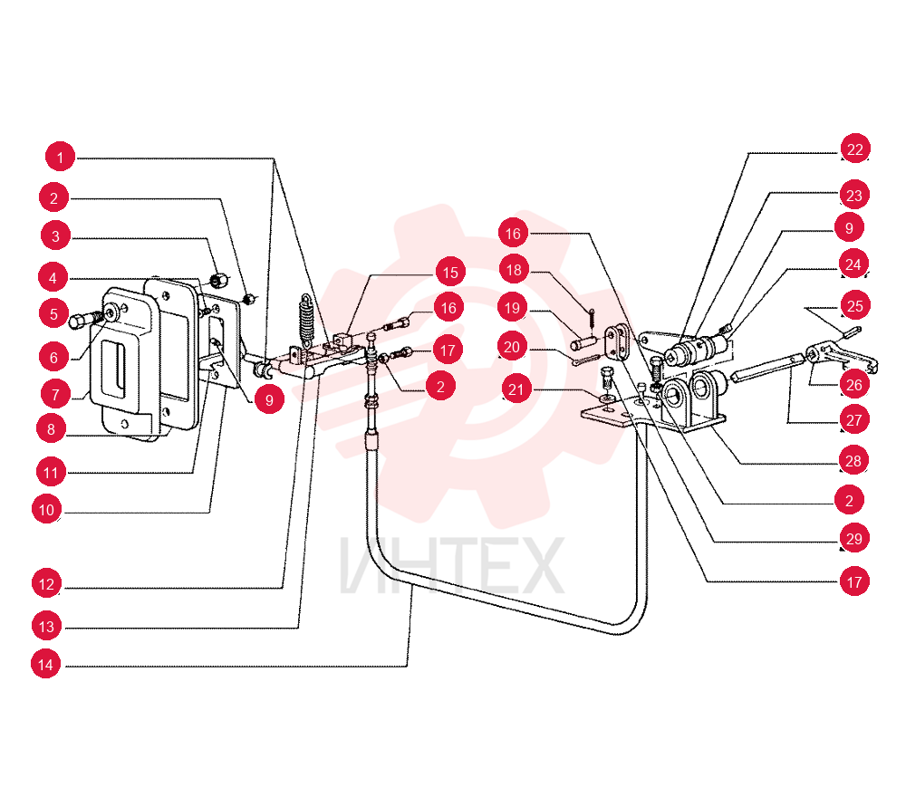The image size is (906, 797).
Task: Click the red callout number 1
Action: tap(60, 157)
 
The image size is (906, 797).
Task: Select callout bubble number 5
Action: tap(53, 313)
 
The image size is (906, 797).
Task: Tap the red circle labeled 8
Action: tap(51, 429)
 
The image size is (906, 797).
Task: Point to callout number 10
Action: tap(47, 509)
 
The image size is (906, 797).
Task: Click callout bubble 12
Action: tap(46, 584)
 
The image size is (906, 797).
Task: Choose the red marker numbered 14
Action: tap(45, 664)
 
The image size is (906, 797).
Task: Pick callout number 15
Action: tap(450, 272)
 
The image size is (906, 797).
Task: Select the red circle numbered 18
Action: tap(514, 270)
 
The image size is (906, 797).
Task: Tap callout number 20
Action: tap(513, 347)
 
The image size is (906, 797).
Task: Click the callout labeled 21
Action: tap(516, 389)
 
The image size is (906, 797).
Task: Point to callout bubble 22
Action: tap(854, 149)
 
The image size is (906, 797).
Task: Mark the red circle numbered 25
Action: tap(855, 305)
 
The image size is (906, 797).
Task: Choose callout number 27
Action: tap(854, 420)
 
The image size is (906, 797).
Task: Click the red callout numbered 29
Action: tap(854, 538)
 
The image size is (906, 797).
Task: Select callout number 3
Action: tap(55, 235)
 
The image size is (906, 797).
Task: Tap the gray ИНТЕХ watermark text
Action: tap(451, 565)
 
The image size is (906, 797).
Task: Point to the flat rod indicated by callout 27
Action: tap(767, 368)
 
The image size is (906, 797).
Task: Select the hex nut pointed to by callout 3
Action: tap(217, 281)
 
